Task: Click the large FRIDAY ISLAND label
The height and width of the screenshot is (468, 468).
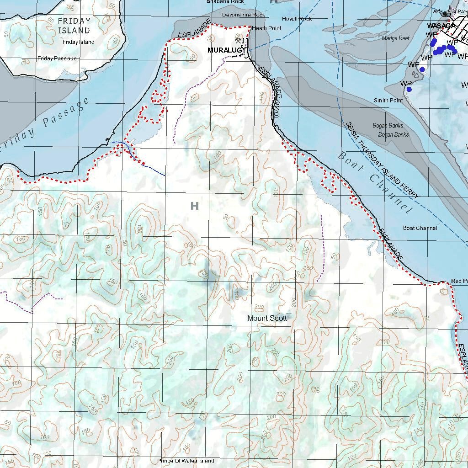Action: click(x=74, y=26)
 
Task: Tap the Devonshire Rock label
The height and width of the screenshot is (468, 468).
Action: click(x=244, y=15)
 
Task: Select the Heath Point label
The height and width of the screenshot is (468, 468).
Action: click(x=267, y=28)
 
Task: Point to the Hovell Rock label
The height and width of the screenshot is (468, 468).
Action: click(x=297, y=19)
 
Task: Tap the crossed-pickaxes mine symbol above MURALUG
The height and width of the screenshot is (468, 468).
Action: click(x=238, y=41)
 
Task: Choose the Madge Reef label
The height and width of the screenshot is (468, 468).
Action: click(x=395, y=38)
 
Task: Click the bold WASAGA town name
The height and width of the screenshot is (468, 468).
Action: click(x=441, y=26)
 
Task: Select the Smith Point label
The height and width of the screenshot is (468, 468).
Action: click(x=388, y=100)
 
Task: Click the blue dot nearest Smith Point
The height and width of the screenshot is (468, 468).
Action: click(x=409, y=89)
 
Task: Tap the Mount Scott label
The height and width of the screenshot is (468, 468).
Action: click(x=267, y=318)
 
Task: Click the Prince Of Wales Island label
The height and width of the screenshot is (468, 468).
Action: click(x=186, y=461)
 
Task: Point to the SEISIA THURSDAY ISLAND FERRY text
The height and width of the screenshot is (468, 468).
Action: click(x=382, y=160)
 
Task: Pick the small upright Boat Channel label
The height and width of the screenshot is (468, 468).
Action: click(x=420, y=228)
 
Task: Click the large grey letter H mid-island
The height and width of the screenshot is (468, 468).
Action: click(x=195, y=206)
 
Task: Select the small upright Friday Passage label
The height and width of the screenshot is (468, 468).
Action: click(x=57, y=58)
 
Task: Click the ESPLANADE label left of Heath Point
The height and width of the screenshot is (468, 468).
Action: click(x=194, y=28)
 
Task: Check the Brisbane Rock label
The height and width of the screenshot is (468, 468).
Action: click(x=225, y=2)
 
